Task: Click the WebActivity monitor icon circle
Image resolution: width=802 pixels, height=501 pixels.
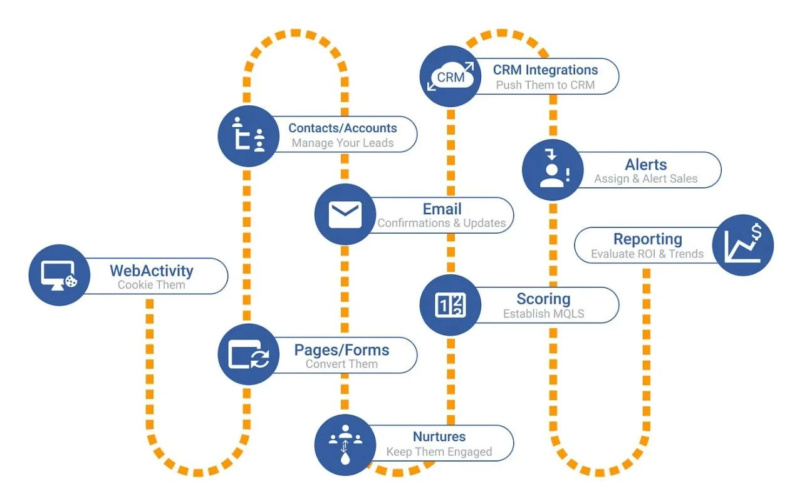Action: tap(59, 275)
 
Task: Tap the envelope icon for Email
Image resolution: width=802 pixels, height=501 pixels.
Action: tap(345, 215)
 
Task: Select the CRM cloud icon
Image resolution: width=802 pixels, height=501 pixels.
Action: tap(450, 76)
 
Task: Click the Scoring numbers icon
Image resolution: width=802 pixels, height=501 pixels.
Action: tap(450, 305)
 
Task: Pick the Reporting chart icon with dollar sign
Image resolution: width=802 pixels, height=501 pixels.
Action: tap(743, 244)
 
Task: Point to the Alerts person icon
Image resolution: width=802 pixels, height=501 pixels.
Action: tap(554, 169)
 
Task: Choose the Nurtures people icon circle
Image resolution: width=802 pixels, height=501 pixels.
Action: tap(345, 445)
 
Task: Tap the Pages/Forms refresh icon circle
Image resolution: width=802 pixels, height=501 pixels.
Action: tap(249, 354)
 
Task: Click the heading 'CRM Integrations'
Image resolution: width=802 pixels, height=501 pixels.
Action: tap(545, 70)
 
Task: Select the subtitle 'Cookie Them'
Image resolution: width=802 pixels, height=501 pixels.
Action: tap(152, 285)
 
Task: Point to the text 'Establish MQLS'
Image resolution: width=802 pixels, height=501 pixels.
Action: tap(543, 314)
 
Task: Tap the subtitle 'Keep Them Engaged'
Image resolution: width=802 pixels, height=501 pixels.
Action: tap(439, 452)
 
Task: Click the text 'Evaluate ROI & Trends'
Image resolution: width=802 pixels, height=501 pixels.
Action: tap(647, 254)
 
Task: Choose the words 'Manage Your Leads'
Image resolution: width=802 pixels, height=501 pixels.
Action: tap(343, 143)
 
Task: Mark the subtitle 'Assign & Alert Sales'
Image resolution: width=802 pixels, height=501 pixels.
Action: tap(646, 178)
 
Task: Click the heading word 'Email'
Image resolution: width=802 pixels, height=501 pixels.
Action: tap(442, 209)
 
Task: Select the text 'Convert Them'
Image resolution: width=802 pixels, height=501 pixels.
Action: tap(341, 364)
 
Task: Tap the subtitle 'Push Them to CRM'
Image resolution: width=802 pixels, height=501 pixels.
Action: tap(545, 85)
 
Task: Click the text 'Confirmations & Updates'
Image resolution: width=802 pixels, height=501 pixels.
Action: tap(442, 223)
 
